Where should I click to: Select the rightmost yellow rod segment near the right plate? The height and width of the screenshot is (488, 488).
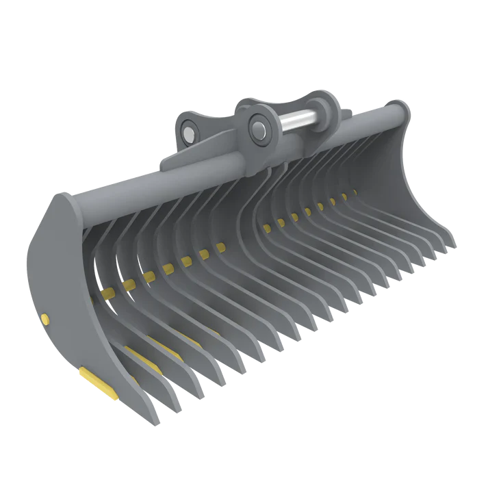coord(354,192)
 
